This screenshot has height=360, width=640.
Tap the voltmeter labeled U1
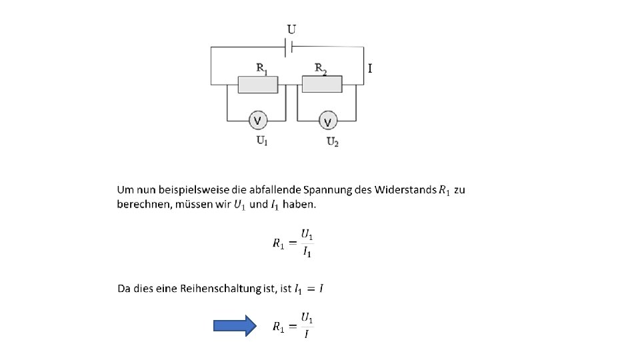point(258,121)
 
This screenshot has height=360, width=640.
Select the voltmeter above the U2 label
point(327,121)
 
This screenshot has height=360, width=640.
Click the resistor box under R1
point(258,85)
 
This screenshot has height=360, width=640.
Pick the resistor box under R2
point(322,85)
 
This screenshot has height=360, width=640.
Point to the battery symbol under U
point(289,47)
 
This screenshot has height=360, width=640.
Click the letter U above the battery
point(292,29)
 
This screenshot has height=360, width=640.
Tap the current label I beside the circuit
point(370,68)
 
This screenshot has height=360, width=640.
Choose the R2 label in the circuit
point(321,69)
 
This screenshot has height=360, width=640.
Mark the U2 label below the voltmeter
point(333,141)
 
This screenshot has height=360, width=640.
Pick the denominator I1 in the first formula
point(307,252)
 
